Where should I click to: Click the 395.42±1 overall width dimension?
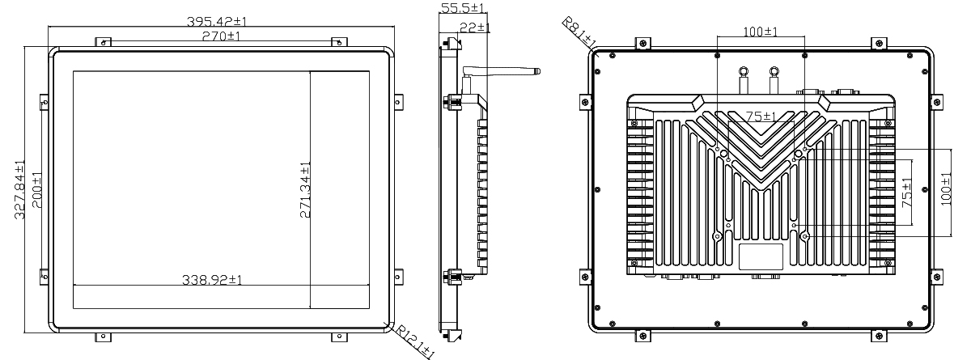[217, 21]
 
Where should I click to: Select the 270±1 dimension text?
[221, 36]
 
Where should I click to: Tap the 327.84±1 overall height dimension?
[20, 190]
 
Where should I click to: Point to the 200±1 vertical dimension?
[37, 190]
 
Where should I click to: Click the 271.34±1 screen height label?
[305, 190]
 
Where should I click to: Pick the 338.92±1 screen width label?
[212, 279]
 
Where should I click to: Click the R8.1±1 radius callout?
[579, 32]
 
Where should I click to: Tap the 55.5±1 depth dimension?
[462, 7]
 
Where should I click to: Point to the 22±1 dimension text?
[474, 28]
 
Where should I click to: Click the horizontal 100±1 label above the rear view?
[761, 32]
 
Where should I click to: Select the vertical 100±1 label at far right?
[946, 188]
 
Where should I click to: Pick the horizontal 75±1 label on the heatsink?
[761, 116]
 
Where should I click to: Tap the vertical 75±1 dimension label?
[906, 193]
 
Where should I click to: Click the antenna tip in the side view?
[538, 71]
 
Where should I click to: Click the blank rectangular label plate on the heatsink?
[761, 257]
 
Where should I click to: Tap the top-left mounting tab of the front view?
[104, 42]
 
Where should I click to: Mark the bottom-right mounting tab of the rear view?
[879, 337]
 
